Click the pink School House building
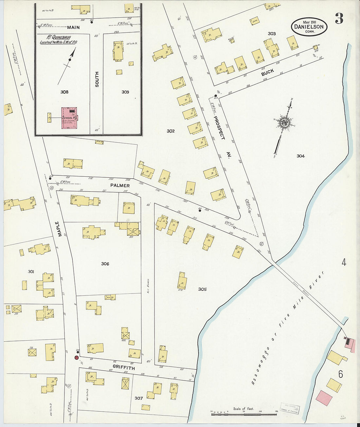[69, 118]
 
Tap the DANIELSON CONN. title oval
[309, 27]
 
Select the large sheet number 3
[339, 20]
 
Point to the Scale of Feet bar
[243, 414]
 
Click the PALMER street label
[120, 186]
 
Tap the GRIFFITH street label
[124, 368]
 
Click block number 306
[105, 264]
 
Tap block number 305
[202, 289]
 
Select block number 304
[300, 156]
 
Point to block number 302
[171, 131]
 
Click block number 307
[139, 398]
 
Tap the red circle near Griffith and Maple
[76, 358]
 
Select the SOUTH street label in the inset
[97, 79]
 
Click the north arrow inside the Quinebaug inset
[70, 60]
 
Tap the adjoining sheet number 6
[341, 374]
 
